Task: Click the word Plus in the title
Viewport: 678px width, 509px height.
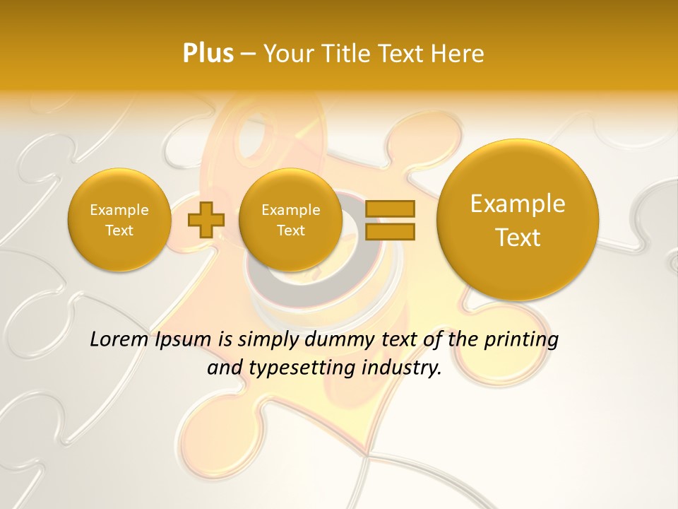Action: tap(208, 54)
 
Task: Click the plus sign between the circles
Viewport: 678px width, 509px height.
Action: tap(206, 219)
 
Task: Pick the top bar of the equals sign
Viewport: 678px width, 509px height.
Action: tap(389, 209)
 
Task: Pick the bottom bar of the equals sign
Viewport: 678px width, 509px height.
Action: tap(389, 230)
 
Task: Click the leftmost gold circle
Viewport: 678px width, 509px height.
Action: tap(119, 220)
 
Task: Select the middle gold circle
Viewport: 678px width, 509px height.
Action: tap(291, 220)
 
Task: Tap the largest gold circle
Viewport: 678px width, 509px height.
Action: tap(518, 220)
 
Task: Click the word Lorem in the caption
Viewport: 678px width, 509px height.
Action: tap(119, 340)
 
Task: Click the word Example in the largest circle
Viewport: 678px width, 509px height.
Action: tap(518, 204)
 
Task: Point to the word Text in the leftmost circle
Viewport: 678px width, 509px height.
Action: tap(119, 230)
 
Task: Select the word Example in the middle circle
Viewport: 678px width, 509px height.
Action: tap(291, 210)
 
